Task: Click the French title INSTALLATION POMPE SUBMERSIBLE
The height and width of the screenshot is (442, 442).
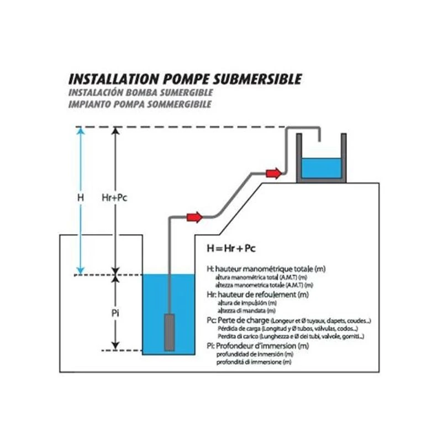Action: (x=185, y=79)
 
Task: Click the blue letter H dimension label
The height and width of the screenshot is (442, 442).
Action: (x=81, y=197)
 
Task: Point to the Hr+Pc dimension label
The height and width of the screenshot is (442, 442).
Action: (x=115, y=197)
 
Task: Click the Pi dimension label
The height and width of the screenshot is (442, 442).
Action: (x=115, y=313)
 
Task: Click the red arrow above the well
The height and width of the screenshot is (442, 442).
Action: (x=194, y=217)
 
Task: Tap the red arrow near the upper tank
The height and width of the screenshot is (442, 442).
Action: (x=273, y=173)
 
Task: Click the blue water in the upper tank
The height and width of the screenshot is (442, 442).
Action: (x=320, y=168)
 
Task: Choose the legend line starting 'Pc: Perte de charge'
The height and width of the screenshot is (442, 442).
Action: (x=289, y=320)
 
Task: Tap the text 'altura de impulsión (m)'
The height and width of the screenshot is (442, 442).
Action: (x=243, y=303)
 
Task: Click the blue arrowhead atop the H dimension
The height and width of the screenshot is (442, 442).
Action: (x=81, y=131)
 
